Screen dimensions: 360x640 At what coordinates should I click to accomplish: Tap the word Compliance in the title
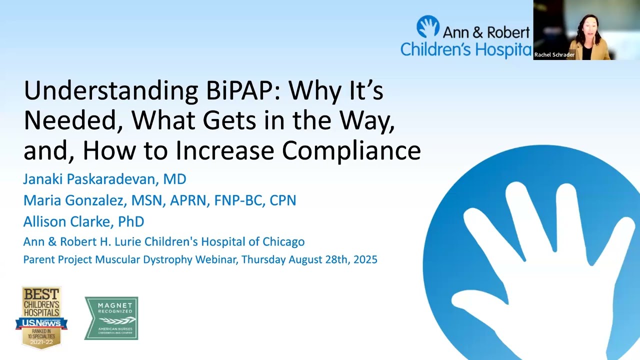[351, 151]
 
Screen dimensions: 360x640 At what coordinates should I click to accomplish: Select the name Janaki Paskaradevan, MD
[104, 179]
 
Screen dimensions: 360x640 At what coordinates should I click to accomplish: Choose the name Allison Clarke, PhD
[83, 221]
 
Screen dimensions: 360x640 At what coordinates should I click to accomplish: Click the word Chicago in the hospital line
[283, 242]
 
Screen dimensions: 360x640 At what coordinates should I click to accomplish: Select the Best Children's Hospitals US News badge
[41, 317]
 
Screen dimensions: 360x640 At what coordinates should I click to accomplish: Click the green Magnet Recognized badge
[111, 318]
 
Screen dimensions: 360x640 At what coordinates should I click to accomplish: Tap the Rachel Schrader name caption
[554, 55]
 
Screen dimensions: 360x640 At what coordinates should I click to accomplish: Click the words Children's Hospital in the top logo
[465, 49]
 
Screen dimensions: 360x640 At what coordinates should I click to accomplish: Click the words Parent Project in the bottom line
[58, 259]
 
